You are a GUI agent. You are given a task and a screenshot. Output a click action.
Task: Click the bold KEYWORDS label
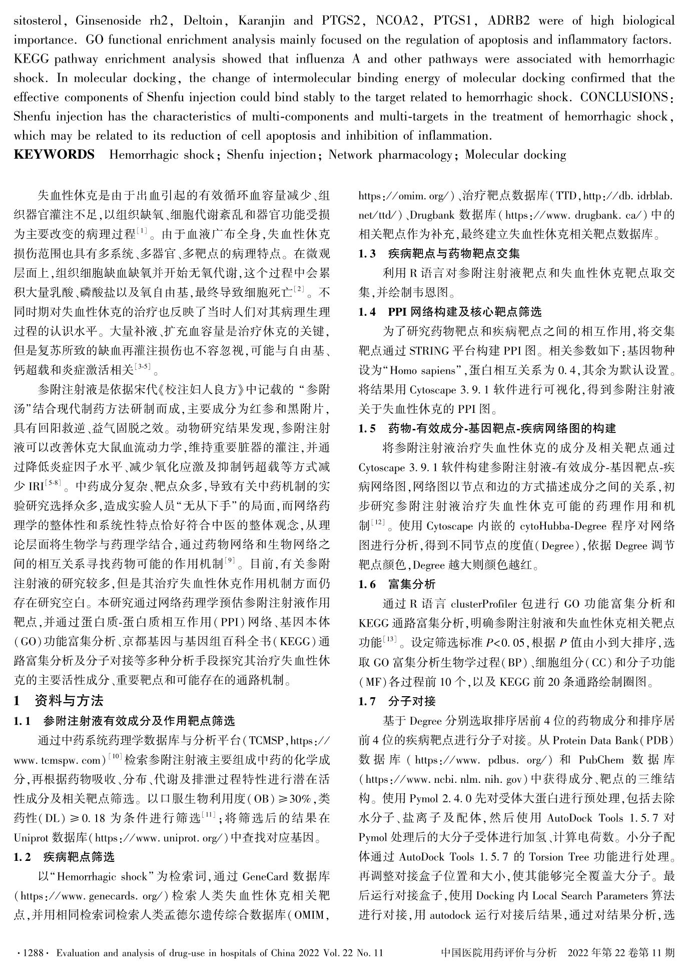[54, 155]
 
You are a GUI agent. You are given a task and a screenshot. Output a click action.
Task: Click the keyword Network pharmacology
[390, 155]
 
